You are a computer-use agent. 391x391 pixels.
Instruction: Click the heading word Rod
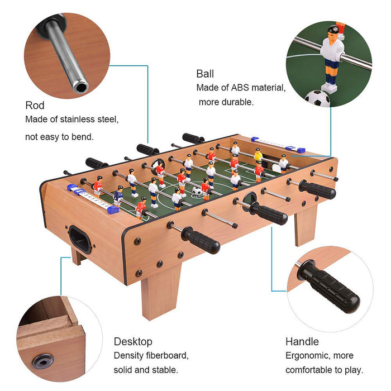(35, 105)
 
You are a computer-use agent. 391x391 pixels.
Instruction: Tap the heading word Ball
(205, 74)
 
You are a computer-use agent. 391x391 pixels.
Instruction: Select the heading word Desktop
(133, 342)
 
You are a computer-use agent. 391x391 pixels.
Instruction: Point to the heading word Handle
(302, 342)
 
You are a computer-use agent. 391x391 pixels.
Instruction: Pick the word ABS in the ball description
(240, 88)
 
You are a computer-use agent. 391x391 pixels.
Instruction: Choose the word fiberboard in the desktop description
(168, 356)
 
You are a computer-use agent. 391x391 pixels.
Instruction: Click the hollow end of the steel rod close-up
(80, 88)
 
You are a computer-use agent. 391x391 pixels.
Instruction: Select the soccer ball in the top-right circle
(317, 98)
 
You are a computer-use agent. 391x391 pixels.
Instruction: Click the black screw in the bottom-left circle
(43, 361)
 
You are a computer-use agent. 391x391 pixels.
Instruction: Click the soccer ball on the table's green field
(197, 191)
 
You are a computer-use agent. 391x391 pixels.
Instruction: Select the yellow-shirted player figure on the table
(258, 155)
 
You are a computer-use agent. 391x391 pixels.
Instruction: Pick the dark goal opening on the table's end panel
(80, 240)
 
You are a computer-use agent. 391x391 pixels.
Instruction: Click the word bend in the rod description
(82, 137)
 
